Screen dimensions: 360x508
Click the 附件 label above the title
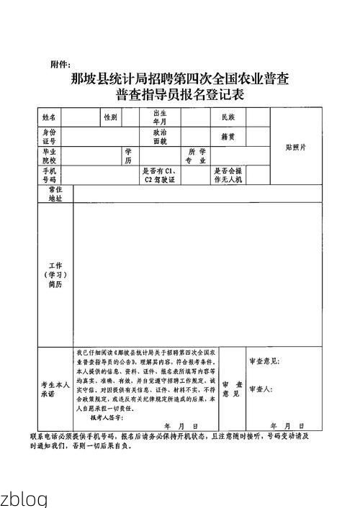click(x=60, y=65)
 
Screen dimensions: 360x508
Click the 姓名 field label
click(x=48, y=117)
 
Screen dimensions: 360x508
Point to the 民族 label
click(x=218, y=117)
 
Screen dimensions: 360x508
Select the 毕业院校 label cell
click(x=48, y=156)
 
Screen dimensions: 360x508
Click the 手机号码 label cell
click(x=48, y=175)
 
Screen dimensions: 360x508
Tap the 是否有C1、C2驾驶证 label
click(x=159, y=175)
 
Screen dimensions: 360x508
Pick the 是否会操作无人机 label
click(x=228, y=175)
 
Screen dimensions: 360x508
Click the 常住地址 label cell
click(x=55, y=193)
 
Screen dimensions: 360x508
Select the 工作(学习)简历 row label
click(x=55, y=275)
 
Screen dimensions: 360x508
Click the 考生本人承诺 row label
click(x=55, y=389)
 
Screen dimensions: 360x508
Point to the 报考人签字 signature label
click(x=106, y=417)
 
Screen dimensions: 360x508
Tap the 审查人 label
click(x=259, y=389)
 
